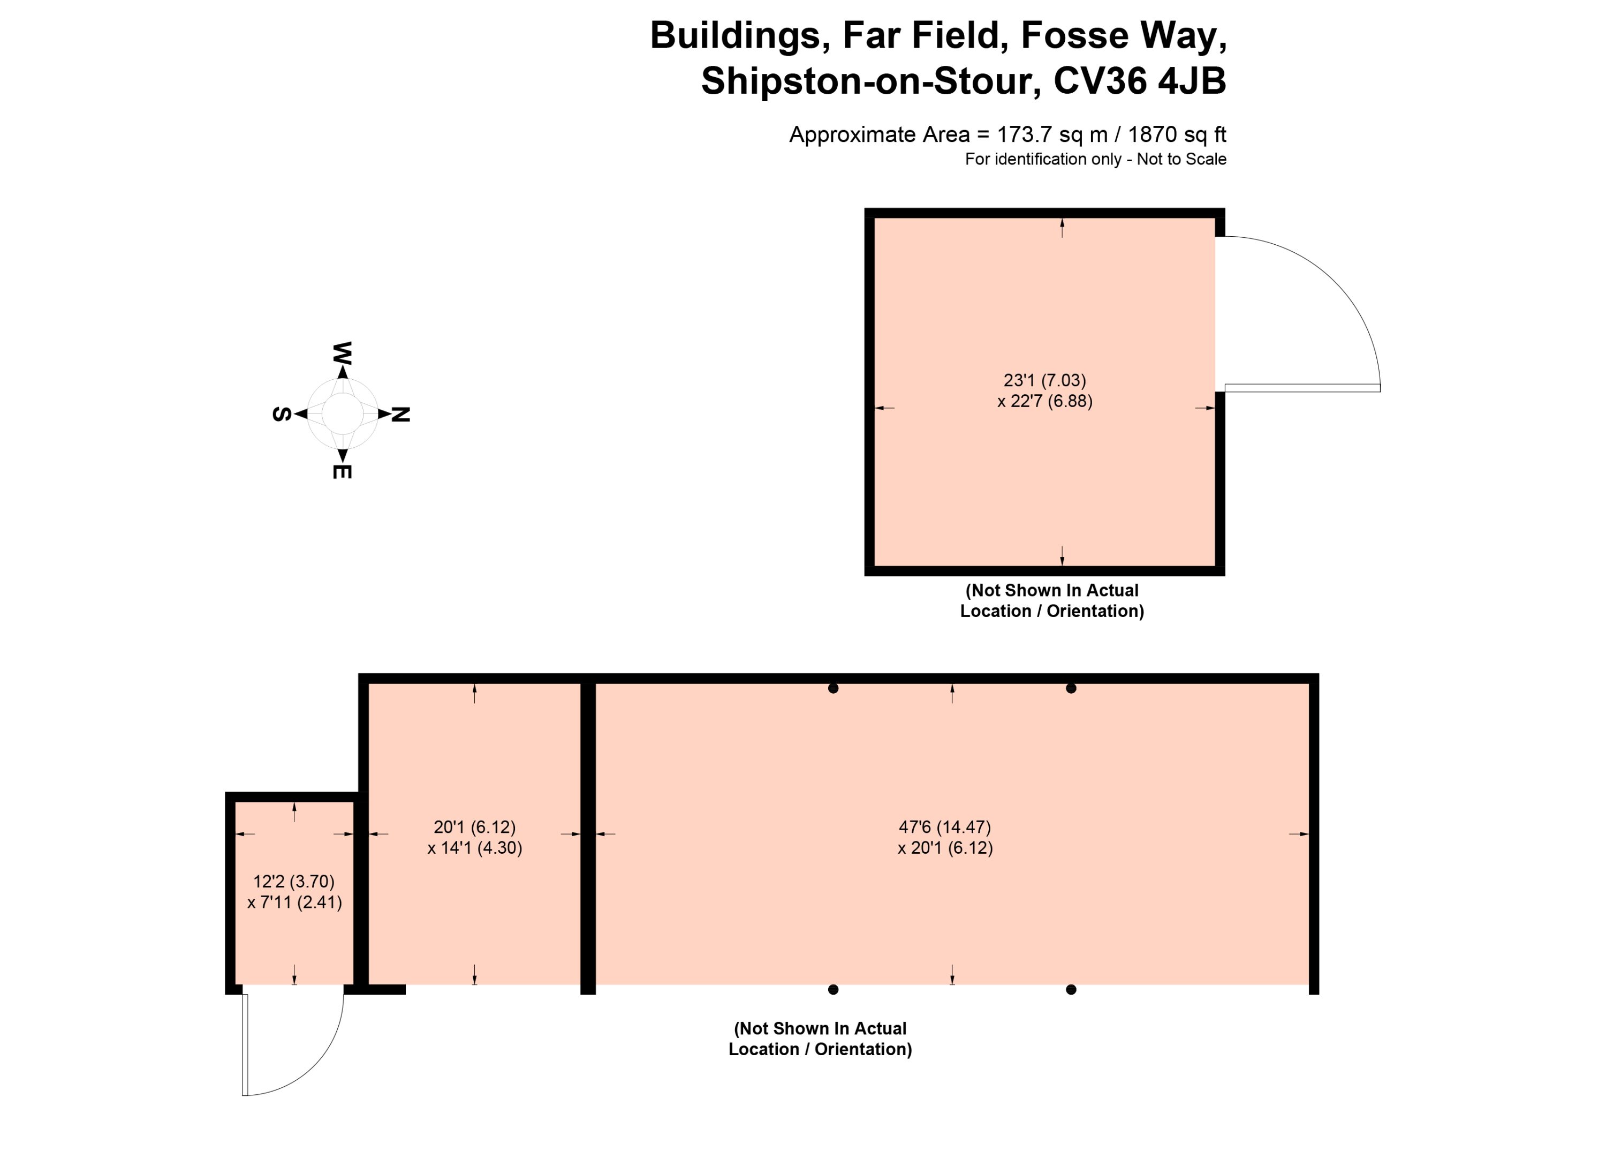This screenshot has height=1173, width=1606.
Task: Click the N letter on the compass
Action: point(401,415)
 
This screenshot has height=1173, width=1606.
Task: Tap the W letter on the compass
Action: point(342,353)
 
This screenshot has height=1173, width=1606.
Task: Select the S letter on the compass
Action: point(282,415)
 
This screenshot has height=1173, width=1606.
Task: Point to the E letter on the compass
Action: point(342,471)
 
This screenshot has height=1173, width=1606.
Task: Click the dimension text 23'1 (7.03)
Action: point(1044,381)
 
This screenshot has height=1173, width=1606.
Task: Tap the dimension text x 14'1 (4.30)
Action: point(475,848)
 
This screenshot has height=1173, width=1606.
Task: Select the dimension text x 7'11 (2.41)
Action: point(294,903)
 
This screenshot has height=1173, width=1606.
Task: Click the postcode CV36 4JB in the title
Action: point(1140,81)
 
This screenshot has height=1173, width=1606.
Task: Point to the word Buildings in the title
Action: point(741,35)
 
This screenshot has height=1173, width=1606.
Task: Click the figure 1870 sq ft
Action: point(1177,134)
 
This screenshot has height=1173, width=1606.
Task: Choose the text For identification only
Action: point(1042,159)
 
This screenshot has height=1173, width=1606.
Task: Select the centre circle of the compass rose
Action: point(342,413)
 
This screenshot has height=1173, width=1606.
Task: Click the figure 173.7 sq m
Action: point(1052,134)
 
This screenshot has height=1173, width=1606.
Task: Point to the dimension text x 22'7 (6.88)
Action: point(1044,401)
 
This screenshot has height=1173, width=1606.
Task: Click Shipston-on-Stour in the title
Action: point(872,81)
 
